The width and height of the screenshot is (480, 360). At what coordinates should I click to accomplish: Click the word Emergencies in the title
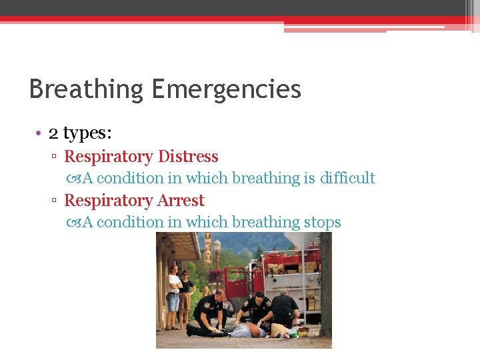click(x=226, y=89)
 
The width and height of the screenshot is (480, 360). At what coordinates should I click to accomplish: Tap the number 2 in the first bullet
click(x=53, y=133)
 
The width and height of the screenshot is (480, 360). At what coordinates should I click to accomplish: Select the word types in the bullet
click(x=87, y=134)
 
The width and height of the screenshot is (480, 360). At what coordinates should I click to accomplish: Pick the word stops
click(x=322, y=222)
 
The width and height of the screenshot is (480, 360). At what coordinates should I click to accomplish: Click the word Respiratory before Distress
click(x=108, y=157)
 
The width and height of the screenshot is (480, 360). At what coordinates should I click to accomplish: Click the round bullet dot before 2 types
click(x=39, y=134)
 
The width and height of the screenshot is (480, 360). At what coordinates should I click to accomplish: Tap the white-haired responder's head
click(x=285, y=291)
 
